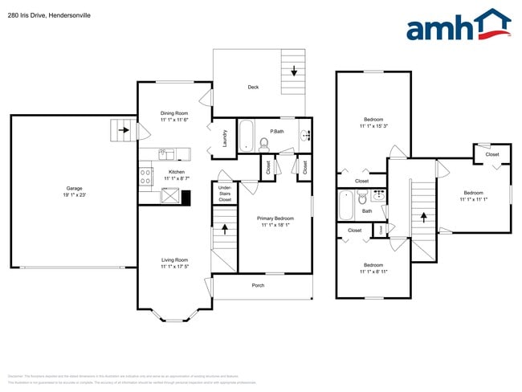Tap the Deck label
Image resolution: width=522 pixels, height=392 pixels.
pyautogui.click(x=253, y=87)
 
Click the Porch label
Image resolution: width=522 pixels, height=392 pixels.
pyautogui.click(x=258, y=285)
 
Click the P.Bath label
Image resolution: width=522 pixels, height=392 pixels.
pyautogui.click(x=276, y=131)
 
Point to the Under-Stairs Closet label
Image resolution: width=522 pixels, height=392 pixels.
pyautogui.click(x=225, y=194)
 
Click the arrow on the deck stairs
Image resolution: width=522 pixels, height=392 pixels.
pyautogui.click(x=294, y=72)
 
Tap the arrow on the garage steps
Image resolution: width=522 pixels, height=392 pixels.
pyautogui.click(x=123, y=129)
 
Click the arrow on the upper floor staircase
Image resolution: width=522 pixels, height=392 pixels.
pyautogui.click(x=422, y=215)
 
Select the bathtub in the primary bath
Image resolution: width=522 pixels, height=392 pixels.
pyautogui.click(x=247, y=134)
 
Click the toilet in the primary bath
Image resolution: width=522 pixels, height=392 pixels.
pyautogui.click(x=263, y=144)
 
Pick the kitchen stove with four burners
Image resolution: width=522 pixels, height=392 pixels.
pyautogui.click(x=146, y=175)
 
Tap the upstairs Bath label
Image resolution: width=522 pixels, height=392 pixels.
pyautogui.click(x=367, y=211)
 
